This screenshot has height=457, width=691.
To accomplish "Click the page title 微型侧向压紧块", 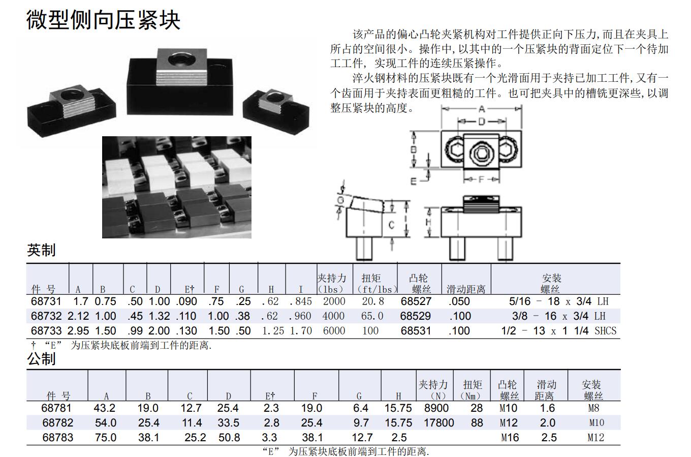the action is click(103, 20).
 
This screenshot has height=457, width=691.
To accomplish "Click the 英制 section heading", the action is click(41, 250).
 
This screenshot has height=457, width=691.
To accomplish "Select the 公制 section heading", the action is click(41, 359).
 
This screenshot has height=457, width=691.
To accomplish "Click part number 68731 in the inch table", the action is click(46, 301).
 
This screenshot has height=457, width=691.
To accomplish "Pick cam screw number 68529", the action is click(416, 316).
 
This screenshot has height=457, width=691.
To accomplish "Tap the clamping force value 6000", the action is click(334, 331).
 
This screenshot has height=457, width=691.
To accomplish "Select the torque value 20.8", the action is click(372, 301).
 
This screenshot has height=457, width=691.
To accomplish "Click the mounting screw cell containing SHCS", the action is click(559, 331).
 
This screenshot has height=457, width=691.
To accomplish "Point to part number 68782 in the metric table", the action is click(58, 423).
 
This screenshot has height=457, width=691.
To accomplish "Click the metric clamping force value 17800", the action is click(438, 423).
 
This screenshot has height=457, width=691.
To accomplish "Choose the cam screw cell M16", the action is click(510, 438).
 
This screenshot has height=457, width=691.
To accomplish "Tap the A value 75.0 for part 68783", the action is click(106, 438).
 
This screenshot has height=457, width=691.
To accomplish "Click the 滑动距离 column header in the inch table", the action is click(466, 289).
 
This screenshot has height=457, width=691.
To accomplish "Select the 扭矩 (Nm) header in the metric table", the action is click(472, 390).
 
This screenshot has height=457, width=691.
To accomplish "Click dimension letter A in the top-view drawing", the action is click(482, 109).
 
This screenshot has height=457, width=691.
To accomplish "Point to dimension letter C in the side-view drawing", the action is click(391, 225).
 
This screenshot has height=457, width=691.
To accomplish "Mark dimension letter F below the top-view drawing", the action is click(481, 179).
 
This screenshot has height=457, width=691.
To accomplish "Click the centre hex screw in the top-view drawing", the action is click(482, 153).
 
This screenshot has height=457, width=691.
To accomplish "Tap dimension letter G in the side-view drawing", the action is click(340, 201).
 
